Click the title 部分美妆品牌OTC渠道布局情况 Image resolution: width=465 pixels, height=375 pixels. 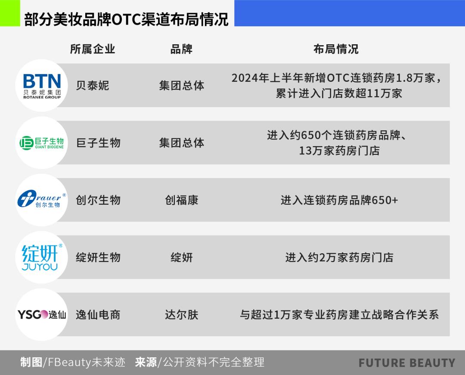coord(126,19)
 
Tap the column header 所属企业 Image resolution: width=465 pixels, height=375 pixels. coord(93,49)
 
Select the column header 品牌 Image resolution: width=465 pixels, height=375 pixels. coord(182,49)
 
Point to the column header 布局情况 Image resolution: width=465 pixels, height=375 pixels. coord(336,49)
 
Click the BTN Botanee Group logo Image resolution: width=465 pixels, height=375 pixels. coord(42,86)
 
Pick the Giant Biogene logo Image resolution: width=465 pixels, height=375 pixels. coord(42,143)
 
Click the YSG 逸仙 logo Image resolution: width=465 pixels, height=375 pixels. coord(42,314)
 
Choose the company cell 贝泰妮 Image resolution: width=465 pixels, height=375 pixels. coord(93,86)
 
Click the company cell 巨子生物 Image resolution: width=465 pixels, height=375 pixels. coord(98,143)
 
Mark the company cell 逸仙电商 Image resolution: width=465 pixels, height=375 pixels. coord(98,314)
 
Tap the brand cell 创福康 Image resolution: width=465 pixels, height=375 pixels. coord(182,200)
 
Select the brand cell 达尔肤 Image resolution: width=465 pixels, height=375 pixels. coord(182,314)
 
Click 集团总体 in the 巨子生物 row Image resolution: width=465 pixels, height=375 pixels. coord(182,143)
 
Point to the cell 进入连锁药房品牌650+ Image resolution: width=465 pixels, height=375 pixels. coord(339,200)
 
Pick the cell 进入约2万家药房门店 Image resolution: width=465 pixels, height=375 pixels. coord(339,258)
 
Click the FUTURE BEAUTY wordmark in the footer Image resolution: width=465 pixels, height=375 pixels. coord(406,363)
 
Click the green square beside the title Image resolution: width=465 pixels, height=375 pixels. coord(10,13)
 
